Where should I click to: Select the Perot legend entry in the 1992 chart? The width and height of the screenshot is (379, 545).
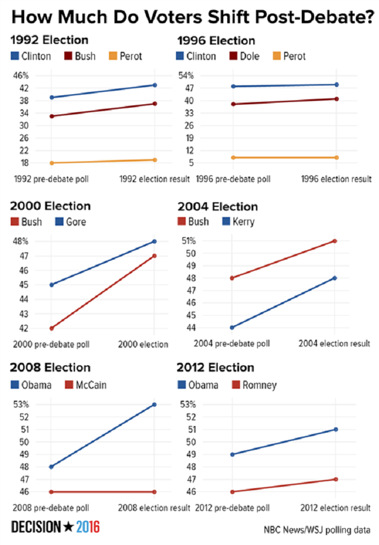click(130, 56)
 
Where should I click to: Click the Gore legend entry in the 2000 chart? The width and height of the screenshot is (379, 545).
click(76, 221)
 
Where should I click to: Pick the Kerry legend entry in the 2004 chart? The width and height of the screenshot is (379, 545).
click(243, 221)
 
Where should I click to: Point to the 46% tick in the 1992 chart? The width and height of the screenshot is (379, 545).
click(21, 76)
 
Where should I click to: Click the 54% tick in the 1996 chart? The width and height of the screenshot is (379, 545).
click(202, 76)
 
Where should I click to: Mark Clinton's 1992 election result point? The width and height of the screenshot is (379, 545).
click(155, 85)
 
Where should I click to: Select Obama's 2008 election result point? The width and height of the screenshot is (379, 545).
click(155, 405)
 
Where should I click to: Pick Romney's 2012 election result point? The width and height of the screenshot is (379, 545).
click(336, 479)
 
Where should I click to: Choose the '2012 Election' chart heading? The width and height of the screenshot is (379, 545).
click(216, 368)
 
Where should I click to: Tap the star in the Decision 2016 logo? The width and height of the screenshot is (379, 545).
click(68, 528)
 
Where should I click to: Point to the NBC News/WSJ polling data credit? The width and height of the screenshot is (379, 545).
click(317, 530)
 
